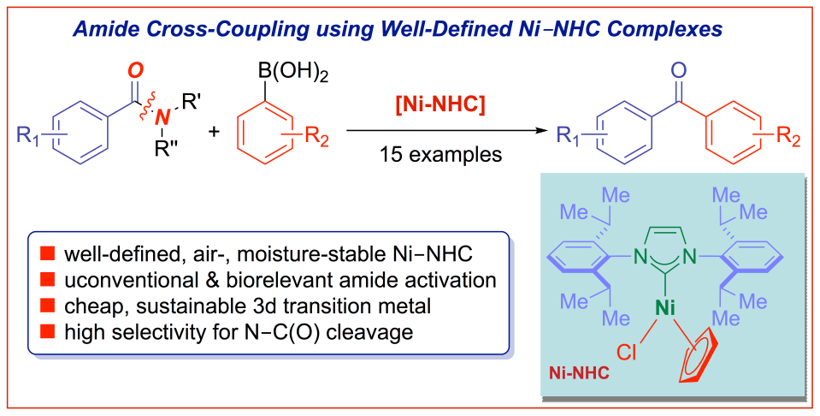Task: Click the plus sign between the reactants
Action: point(214,132)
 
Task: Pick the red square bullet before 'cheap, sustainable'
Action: point(49,305)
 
